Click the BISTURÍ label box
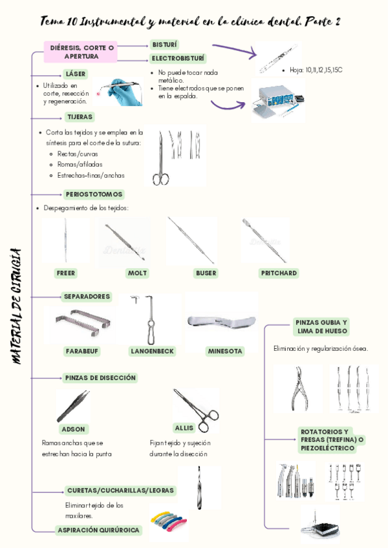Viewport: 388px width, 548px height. tap(164, 45)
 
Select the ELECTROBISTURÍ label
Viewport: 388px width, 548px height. tap(179, 59)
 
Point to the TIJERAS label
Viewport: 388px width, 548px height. tap(79, 117)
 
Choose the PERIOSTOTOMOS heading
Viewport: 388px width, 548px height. tap(94, 194)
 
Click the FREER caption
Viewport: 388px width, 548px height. tap(66, 273)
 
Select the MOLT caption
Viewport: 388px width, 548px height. tap(137, 273)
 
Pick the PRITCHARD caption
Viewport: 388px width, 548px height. tap(279, 273)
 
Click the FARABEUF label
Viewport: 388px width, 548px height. tap(82, 352)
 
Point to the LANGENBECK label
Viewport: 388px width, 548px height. tap(152, 352)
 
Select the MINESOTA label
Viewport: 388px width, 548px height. tap(225, 352)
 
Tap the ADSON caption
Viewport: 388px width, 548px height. tap(72, 429)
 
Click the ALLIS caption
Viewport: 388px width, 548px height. tap(184, 428)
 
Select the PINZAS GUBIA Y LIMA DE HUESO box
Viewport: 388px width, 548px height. tap(322, 326)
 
